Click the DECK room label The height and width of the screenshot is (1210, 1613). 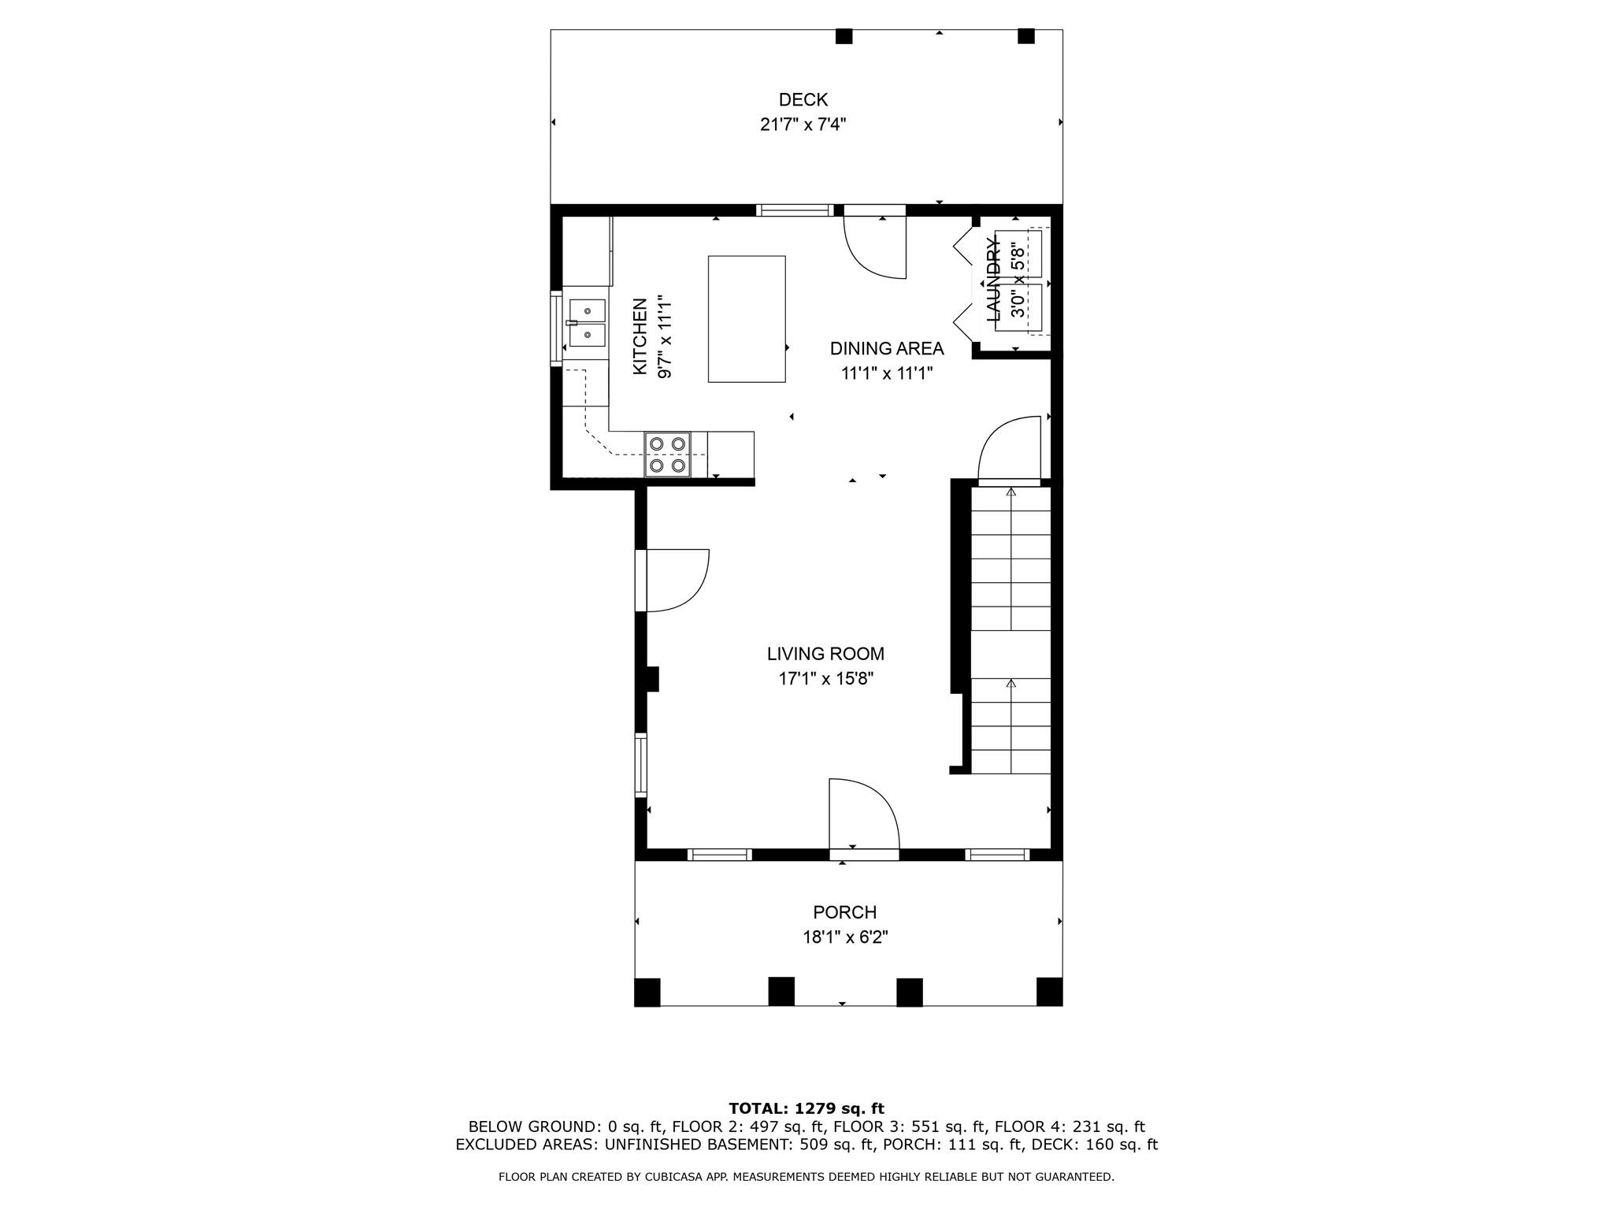coord(803,100)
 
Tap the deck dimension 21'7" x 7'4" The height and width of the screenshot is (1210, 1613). coord(803,124)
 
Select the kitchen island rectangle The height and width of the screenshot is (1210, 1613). coord(747,319)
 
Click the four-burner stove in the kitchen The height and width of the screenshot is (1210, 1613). coord(667,455)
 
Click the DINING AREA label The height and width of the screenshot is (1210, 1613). coord(887,348)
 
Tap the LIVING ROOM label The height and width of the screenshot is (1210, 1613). coord(825,654)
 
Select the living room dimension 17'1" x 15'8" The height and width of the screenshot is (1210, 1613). coord(825,678)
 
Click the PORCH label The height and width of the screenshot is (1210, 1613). coord(844,912)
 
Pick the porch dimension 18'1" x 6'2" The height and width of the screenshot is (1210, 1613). coord(844,937)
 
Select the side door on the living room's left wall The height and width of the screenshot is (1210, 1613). coord(673,581)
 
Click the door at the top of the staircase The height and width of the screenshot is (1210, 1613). coord(1010,447)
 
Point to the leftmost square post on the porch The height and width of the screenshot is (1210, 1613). coord(647,992)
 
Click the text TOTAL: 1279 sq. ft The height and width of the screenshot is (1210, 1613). coord(806,1109)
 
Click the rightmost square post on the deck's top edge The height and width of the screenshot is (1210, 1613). coord(1025,36)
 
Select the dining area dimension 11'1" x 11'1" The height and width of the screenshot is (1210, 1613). coord(887,373)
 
